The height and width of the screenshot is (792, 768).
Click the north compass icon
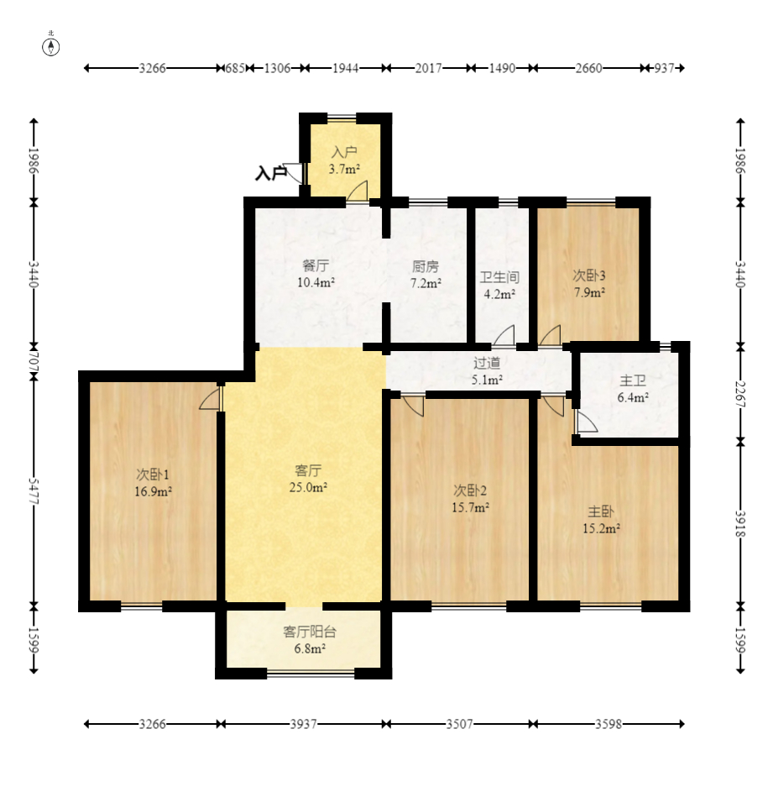51,45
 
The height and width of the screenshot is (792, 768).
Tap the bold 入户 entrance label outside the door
270,173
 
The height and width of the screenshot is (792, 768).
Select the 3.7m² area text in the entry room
344,169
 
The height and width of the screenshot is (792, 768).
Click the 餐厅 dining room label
316,265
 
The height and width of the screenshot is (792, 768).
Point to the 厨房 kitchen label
426,266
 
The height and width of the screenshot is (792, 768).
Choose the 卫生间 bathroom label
499,277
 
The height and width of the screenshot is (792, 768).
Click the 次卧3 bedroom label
588,275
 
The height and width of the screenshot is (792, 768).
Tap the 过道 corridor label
487,363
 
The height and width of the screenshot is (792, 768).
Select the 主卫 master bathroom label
633,380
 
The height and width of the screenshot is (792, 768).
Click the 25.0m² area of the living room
308,487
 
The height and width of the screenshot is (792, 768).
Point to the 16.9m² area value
153,491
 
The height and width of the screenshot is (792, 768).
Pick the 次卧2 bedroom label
469,490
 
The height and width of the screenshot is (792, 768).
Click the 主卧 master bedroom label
601,511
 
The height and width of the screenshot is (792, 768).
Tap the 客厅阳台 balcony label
310,632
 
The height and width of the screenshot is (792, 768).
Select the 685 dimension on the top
235,68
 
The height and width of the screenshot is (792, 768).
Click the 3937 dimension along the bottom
304,724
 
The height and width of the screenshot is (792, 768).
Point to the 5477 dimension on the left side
34,490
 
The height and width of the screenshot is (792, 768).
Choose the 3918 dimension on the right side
740,524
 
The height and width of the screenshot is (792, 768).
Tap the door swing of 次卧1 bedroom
211,399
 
